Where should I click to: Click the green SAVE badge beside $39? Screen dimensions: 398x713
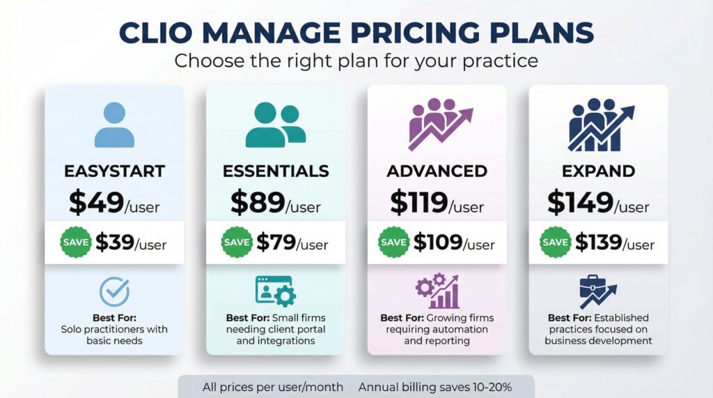pyautogui.click(x=75, y=242)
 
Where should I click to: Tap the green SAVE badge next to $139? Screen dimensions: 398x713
pyautogui.click(x=556, y=242)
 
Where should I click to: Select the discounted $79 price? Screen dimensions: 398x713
pyautogui.click(x=276, y=242)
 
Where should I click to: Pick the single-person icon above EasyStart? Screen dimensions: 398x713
pyautogui.click(x=114, y=125)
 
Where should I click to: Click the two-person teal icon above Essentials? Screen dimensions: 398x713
pyautogui.click(x=275, y=125)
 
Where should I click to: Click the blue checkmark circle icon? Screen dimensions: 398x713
pyautogui.click(x=114, y=292)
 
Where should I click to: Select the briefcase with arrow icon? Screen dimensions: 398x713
pyautogui.click(x=597, y=292)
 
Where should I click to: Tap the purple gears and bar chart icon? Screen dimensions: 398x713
pyautogui.click(x=437, y=292)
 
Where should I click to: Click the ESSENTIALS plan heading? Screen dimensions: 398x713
pyautogui.click(x=276, y=171)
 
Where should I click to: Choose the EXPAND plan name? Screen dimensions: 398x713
pyautogui.click(x=599, y=171)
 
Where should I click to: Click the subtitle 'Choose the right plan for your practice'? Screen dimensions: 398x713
pyautogui.click(x=356, y=61)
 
